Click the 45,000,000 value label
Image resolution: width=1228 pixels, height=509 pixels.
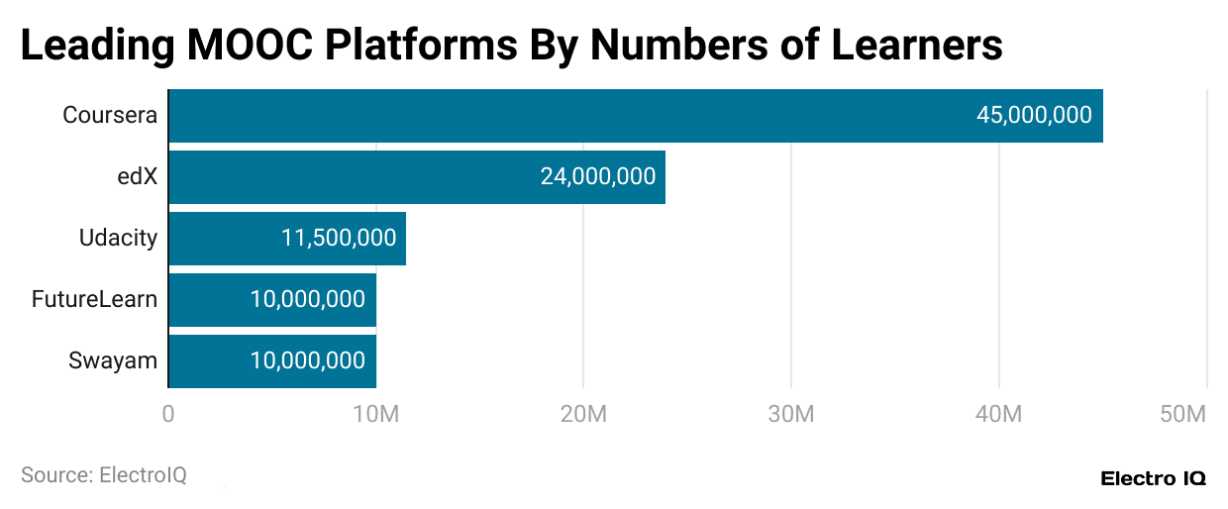pos(1034,116)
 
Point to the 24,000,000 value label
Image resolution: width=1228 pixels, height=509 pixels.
pos(597,177)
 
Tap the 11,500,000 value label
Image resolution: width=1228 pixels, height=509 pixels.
pos(338,239)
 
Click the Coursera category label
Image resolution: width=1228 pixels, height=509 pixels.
pos(110,116)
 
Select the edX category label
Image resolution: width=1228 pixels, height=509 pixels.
pos(137,177)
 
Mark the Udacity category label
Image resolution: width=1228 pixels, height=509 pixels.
pos(118,239)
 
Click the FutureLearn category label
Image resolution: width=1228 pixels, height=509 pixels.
pos(94,300)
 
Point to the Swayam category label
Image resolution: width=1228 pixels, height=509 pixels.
pos(113,361)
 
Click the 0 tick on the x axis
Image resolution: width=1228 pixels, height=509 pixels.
pos(168,414)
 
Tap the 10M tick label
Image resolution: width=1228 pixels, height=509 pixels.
pos(376,414)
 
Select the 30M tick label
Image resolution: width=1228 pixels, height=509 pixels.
pos(790,414)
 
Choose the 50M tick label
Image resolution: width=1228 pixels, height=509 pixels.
pos(1182,414)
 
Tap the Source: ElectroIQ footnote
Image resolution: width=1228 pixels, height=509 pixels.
pos(104,475)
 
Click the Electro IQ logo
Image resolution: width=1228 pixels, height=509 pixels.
pos(1153,478)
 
